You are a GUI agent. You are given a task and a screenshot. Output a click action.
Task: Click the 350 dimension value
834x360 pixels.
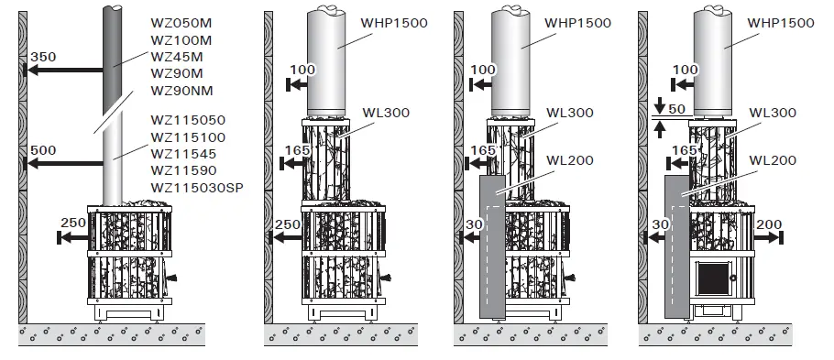43,57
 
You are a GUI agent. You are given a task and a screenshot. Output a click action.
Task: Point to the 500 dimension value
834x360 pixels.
43,151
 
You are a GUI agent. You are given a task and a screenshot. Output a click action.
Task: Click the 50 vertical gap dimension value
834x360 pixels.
676,109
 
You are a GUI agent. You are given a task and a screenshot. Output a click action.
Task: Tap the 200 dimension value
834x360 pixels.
771,224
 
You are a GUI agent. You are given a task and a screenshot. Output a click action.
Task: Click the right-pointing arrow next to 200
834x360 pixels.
772,236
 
